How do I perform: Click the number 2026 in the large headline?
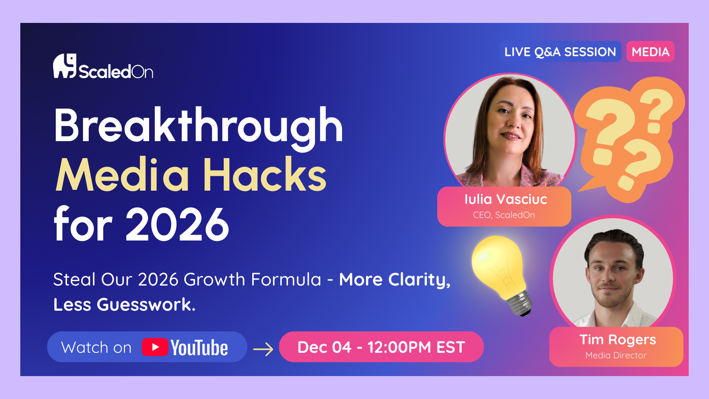pos(177,224)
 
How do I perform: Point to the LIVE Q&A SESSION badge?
pos(560,52)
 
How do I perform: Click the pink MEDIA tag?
pos(651,52)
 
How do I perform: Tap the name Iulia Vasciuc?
pos(506,199)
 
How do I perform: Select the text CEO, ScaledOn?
pos(504,215)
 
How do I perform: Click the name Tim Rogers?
pos(618,340)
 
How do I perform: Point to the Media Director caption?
pos(616,355)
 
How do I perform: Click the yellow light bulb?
pos(501,275)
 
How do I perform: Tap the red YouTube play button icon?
pos(155,347)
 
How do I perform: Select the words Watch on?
pos(96,348)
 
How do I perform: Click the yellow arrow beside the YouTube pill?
pos(263,349)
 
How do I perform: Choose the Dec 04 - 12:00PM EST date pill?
pos(381,347)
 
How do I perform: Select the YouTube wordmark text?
pos(199,348)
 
